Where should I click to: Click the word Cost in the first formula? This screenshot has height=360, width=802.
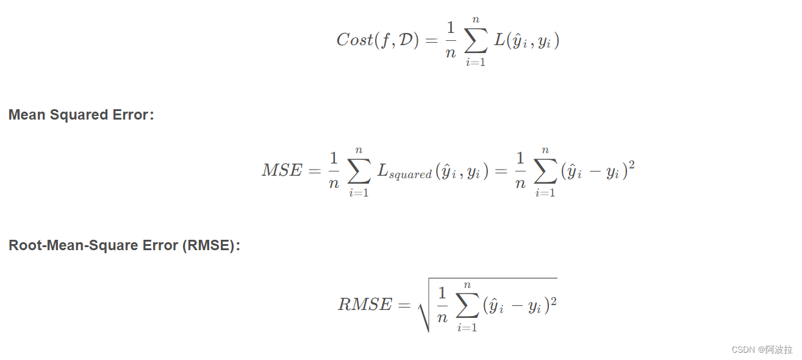click(354, 40)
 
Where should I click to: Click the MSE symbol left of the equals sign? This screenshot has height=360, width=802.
click(282, 171)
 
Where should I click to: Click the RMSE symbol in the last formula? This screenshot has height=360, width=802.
click(365, 304)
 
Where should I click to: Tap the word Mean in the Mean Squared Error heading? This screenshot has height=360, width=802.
click(26, 115)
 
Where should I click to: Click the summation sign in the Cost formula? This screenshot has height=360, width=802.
click(475, 41)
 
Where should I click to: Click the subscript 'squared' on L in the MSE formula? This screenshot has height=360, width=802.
click(411, 175)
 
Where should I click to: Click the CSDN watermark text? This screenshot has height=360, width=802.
click(762, 350)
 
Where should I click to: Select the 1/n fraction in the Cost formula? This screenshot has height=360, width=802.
click(451, 41)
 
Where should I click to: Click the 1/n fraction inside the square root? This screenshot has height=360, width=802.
click(442, 305)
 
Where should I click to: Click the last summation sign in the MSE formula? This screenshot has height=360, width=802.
click(545, 171)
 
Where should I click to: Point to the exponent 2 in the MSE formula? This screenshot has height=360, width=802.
click(631, 164)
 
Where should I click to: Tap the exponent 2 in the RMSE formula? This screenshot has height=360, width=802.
click(553, 298)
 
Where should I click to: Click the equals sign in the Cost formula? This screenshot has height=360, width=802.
click(430, 41)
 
